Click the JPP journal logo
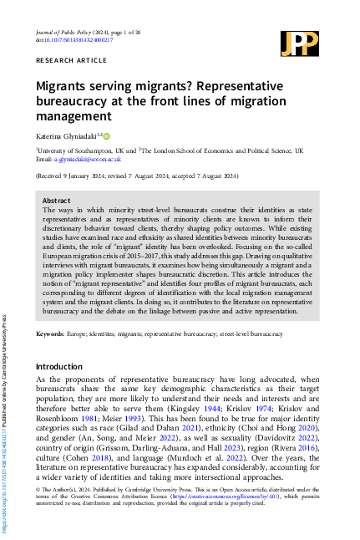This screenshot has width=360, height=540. click(x=298, y=43)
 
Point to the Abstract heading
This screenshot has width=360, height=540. click(x=56, y=201)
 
